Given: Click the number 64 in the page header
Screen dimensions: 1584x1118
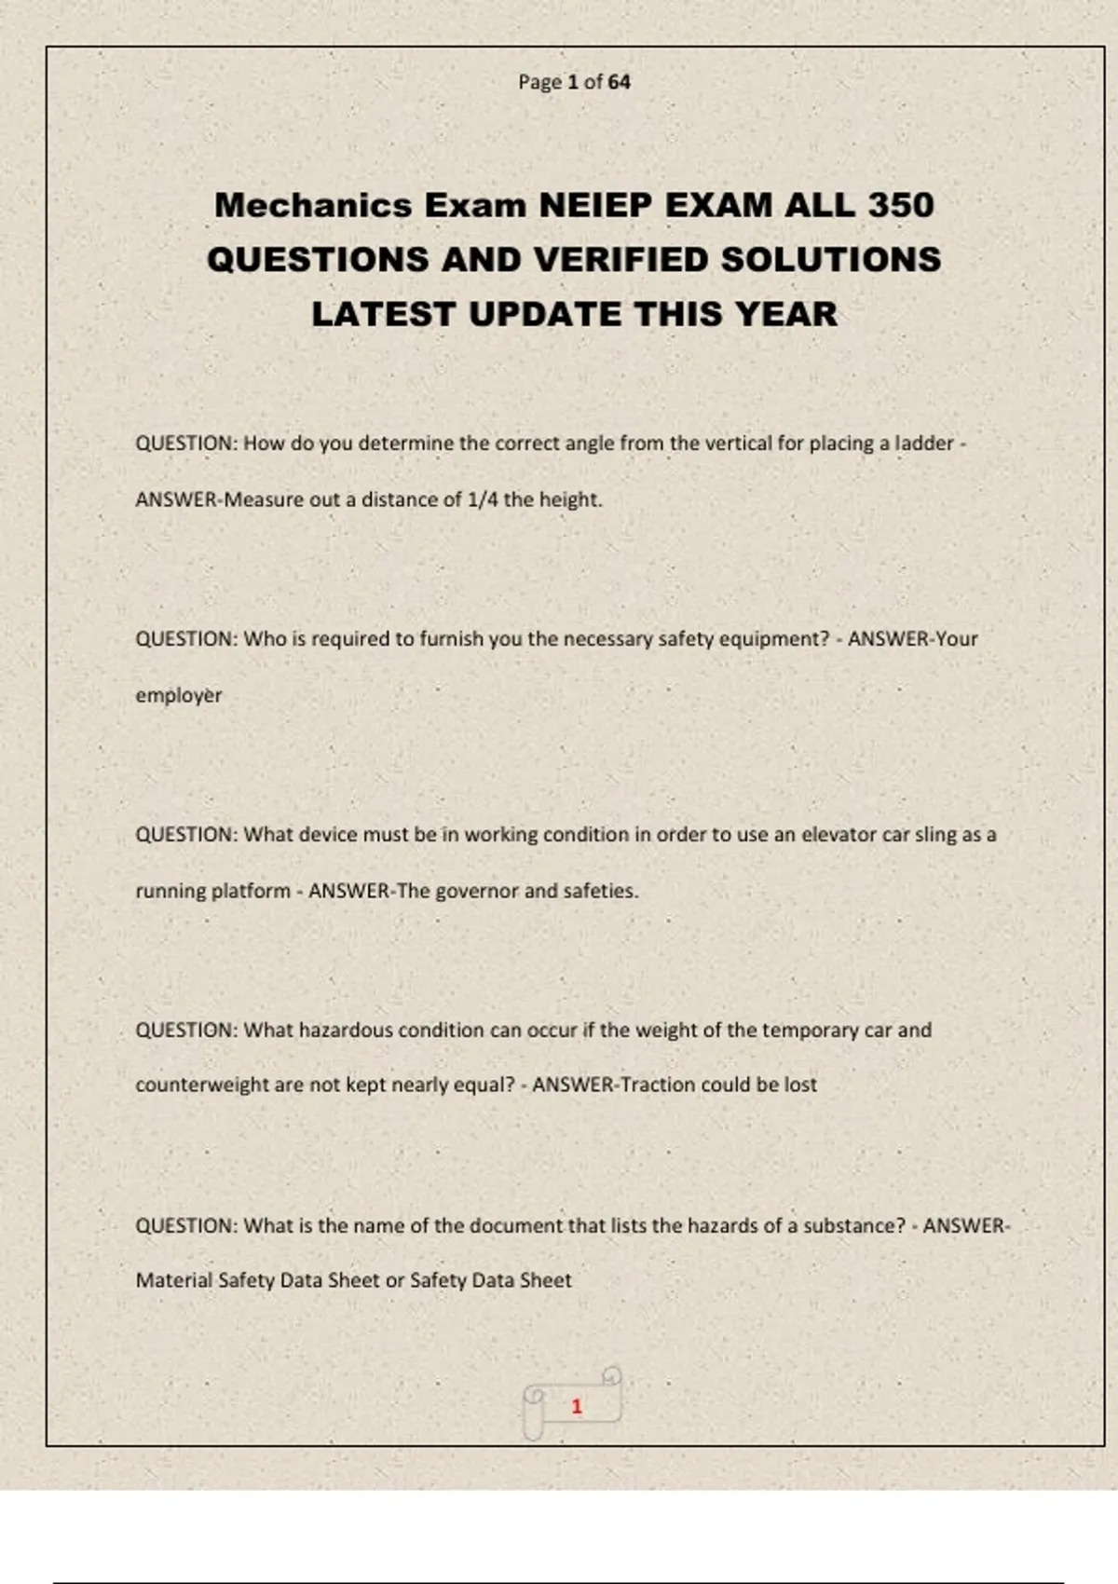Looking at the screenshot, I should click(x=620, y=82).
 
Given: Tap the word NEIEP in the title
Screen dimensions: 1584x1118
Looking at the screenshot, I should click(x=595, y=205).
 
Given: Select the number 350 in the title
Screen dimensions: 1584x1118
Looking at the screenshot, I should click(x=901, y=205).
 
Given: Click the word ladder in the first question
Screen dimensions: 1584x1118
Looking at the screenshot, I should click(x=924, y=444).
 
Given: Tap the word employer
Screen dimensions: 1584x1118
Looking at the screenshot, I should click(x=179, y=696).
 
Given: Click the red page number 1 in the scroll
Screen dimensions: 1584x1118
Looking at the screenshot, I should click(x=577, y=1406).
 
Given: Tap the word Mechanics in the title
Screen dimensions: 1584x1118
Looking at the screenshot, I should click(x=313, y=205).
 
